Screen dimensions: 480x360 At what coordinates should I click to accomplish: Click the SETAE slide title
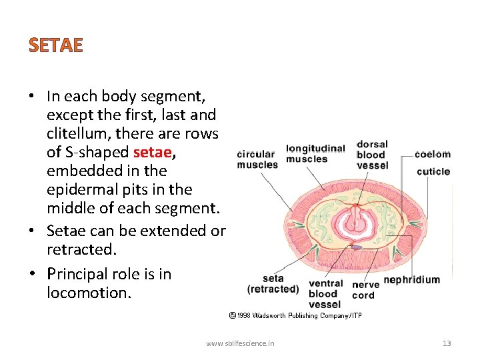point(56,45)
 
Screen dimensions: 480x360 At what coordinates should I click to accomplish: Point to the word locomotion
point(87,293)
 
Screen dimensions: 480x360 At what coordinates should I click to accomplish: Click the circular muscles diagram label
point(257,159)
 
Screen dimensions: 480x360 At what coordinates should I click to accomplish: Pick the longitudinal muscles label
point(315,153)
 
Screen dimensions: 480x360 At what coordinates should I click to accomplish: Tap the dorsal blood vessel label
point(371,155)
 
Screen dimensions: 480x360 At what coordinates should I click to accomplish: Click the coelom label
point(432,154)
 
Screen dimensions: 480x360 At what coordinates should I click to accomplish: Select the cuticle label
point(433,171)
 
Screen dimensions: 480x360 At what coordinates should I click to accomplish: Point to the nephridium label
point(411,279)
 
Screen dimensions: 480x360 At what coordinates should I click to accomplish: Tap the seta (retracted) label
point(273,284)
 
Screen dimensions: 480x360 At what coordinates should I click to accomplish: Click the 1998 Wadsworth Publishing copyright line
point(295,315)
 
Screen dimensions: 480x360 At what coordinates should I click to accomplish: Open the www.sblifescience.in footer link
point(240,343)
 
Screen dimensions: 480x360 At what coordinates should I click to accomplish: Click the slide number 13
point(447,343)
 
